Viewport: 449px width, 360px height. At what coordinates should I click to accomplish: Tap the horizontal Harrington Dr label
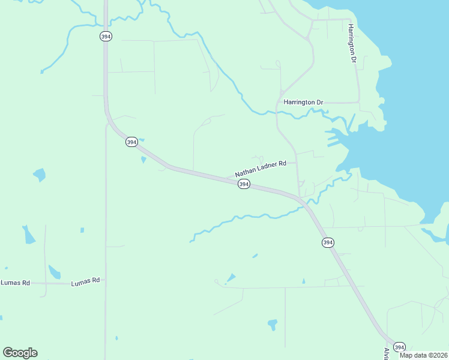(303, 103)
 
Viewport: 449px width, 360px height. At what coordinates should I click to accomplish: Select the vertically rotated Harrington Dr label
(352, 44)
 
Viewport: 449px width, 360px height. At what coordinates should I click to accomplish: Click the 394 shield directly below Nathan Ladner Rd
(244, 184)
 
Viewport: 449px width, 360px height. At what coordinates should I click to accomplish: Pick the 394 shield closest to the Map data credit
(399, 347)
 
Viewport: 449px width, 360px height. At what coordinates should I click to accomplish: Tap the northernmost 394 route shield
(106, 37)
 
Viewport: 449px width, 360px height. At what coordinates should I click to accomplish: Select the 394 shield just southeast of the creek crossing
(327, 242)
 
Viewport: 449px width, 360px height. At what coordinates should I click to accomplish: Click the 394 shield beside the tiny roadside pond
(132, 142)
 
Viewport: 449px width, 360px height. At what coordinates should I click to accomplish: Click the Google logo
(20, 353)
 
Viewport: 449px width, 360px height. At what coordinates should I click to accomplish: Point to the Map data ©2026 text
(424, 355)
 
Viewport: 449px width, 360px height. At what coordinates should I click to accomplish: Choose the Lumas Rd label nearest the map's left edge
(15, 283)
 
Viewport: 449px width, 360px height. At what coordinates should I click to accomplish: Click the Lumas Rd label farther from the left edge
(85, 281)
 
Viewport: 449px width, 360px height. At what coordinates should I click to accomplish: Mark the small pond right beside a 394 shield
(143, 160)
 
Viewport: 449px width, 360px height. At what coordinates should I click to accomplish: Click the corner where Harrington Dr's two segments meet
(358, 102)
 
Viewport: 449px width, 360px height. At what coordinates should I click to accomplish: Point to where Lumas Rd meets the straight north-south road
(106, 282)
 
